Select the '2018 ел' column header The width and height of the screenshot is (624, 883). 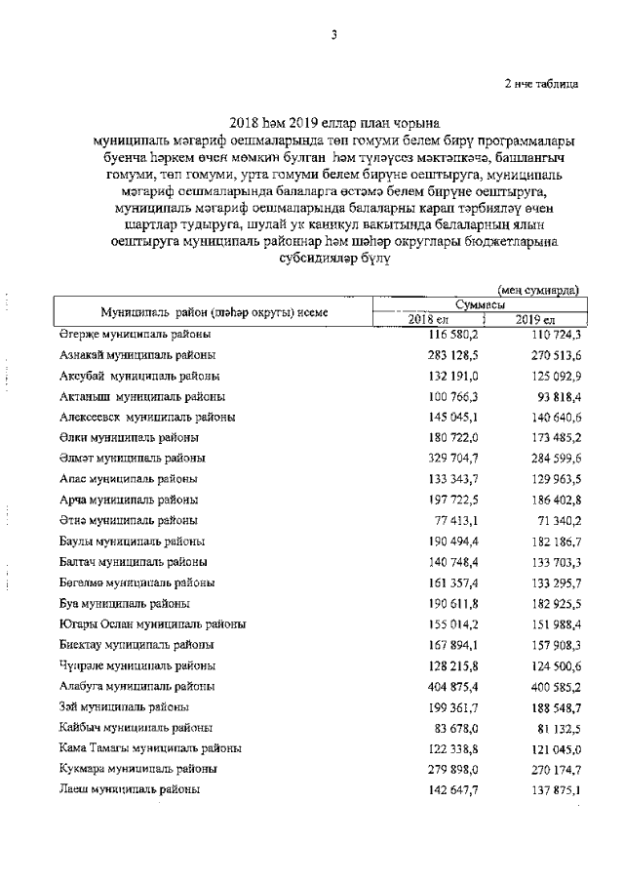point(427,321)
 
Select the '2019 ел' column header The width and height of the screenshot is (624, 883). point(535,321)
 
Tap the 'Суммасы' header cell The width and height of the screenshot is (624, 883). point(480,305)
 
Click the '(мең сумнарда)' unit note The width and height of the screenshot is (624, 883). point(538,290)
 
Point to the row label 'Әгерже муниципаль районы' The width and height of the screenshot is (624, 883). point(133,335)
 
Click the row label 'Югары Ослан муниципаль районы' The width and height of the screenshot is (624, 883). point(152,623)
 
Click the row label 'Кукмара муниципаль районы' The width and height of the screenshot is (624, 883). point(138,769)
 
